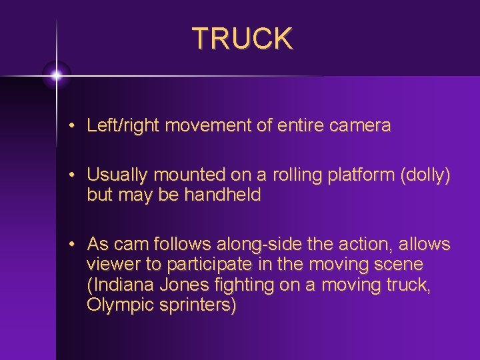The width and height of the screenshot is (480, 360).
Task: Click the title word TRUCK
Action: tap(242, 39)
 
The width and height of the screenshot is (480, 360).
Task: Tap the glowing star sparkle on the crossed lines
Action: tap(57, 76)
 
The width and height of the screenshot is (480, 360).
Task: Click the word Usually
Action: tap(118, 175)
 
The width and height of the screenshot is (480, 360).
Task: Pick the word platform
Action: tap(357, 175)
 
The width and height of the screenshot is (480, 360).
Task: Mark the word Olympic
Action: tap(116, 305)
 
